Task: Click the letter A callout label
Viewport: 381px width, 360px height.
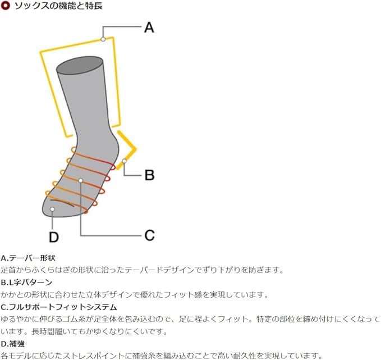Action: (x=149, y=28)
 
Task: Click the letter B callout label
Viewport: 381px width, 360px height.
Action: (x=149, y=175)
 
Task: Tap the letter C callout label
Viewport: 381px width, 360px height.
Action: (x=149, y=235)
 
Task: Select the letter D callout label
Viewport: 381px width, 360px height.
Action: (x=54, y=237)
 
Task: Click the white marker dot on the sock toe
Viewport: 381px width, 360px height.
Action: (x=52, y=209)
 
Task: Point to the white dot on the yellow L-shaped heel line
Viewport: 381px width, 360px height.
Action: (x=124, y=161)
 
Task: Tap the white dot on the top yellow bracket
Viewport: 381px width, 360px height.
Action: (x=103, y=39)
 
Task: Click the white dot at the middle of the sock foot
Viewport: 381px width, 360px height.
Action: (x=81, y=180)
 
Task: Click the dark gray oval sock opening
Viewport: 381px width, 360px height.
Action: (x=80, y=65)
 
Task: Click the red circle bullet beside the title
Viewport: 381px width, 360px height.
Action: (x=5, y=6)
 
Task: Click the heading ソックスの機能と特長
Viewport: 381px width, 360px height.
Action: (x=58, y=6)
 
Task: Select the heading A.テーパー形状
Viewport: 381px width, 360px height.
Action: (x=28, y=258)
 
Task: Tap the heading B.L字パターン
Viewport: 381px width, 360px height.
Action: (x=26, y=282)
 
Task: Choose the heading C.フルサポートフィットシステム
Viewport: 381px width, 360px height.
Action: (x=59, y=307)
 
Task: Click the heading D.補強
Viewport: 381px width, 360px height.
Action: (x=13, y=344)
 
